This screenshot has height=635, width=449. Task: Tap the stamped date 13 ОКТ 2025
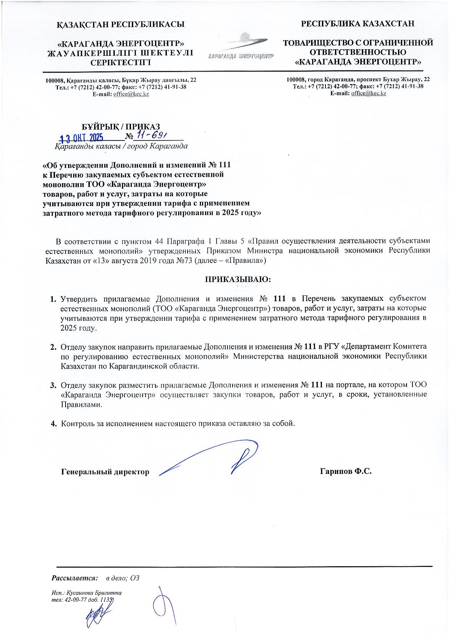coord(82,138)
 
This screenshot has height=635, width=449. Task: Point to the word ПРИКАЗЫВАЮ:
coord(238,279)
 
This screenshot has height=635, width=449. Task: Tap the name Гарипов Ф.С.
coord(346,471)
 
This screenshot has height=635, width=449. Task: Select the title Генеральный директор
coord(105,472)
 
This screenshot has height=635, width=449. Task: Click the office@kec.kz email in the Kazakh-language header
coord(131,94)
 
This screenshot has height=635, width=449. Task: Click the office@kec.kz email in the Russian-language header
coord(369,93)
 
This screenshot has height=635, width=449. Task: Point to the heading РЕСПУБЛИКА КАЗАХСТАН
coord(358,24)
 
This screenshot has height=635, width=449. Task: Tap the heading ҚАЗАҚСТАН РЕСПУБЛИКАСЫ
coord(121,25)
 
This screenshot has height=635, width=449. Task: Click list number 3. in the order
coord(53,385)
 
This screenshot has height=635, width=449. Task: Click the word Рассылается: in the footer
coord(75,578)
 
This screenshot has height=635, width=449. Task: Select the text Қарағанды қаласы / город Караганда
coord(121,147)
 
